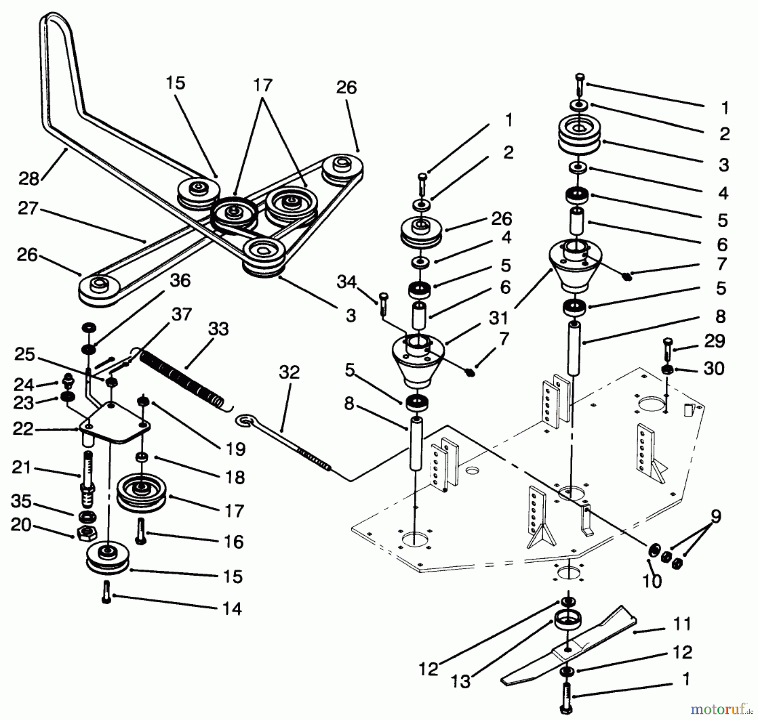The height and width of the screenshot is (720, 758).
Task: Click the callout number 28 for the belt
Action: [29, 178]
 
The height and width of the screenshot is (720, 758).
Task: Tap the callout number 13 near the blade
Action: [460, 681]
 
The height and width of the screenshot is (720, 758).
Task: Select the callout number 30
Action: [714, 369]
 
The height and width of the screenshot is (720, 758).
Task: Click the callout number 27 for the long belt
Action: [28, 208]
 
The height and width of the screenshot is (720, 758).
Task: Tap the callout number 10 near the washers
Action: [652, 581]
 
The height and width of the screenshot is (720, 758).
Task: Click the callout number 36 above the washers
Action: [180, 281]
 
